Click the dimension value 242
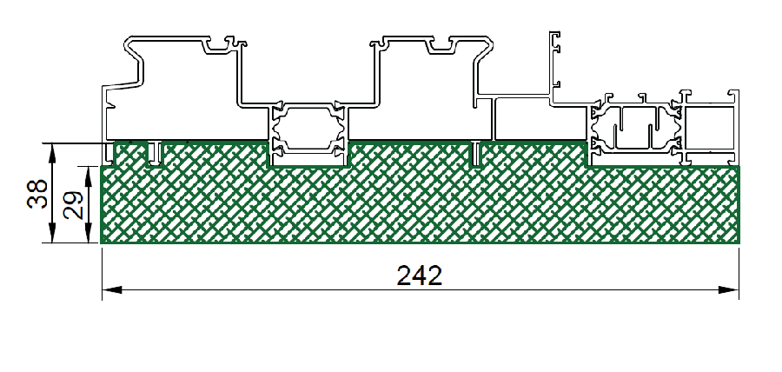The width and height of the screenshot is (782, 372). click(x=420, y=276)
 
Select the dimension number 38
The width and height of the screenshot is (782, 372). click(x=37, y=194)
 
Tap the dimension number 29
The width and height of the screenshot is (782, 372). click(x=73, y=205)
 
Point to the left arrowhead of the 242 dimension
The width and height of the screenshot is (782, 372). click(x=112, y=289)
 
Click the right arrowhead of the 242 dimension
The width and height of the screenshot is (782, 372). click(x=729, y=289)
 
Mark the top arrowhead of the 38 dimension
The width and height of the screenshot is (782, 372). click(x=52, y=153)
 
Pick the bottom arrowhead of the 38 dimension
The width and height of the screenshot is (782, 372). click(x=52, y=233)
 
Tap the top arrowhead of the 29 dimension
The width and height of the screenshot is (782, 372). click(x=89, y=176)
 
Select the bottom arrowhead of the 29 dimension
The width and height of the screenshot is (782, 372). click(x=89, y=233)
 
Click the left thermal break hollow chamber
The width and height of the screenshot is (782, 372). click(x=308, y=127)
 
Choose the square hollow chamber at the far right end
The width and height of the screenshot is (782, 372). click(x=710, y=127)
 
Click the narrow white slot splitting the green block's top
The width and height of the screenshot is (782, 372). click(x=476, y=154)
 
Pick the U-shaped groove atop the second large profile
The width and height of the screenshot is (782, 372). click(x=441, y=46)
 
